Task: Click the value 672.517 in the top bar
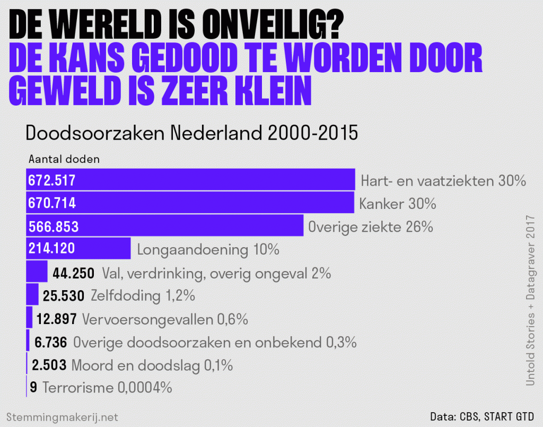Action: coord(51,180)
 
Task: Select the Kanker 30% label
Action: coord(397,204)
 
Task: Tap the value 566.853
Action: coord(53,226)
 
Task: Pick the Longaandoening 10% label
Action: coord(208,249)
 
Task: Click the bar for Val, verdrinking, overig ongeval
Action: coord(37,273)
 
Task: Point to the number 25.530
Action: coord(65,295)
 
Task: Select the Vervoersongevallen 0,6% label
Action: coord(165,319)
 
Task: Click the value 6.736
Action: coord(51,342)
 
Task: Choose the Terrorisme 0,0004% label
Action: coord(107,388)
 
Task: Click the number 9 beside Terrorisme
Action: coord(33,388)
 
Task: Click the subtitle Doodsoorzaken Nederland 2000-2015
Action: coord(192,133)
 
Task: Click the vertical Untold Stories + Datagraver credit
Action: coord(530,300)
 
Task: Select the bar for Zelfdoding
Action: coord(32,295)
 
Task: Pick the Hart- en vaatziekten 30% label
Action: coord(443,181)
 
